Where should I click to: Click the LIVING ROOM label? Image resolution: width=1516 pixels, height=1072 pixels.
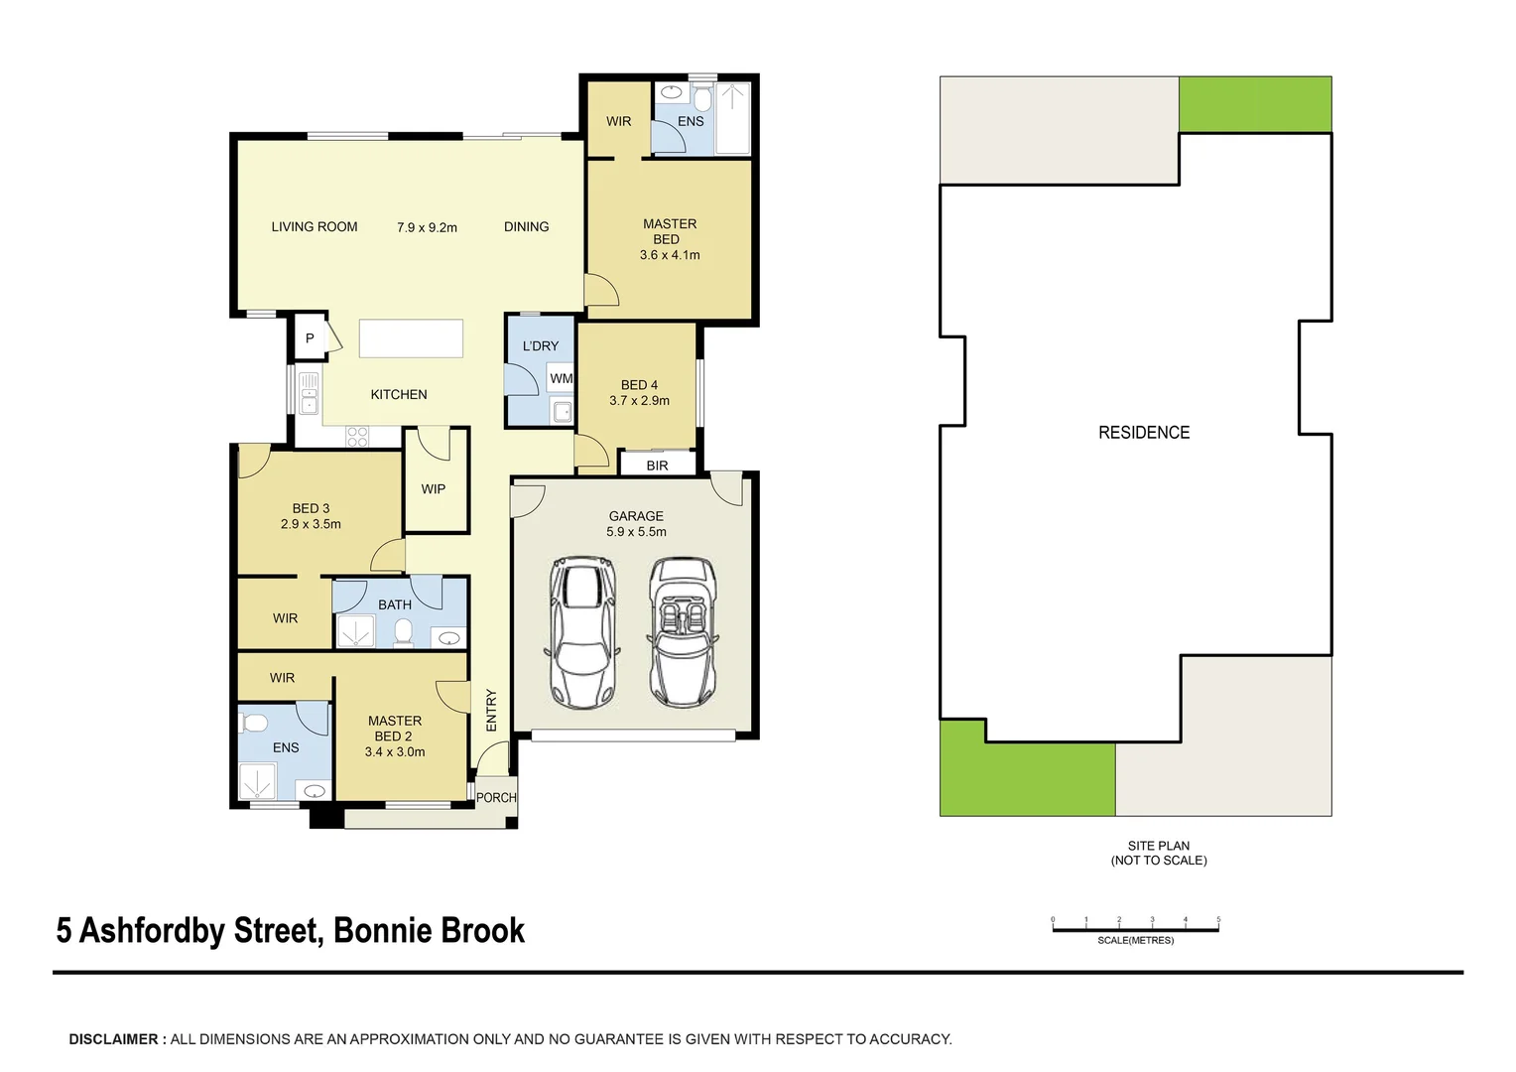pyautogui.click(x=315, y=226)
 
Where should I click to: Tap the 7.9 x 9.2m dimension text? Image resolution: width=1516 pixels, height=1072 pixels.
pyautogui.click(x=427, y=227)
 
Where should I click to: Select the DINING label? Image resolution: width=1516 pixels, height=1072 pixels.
pyautogui.click(x=526, y=226)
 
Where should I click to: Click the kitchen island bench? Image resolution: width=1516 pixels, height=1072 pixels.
pyautogui.click(x=411, y=337)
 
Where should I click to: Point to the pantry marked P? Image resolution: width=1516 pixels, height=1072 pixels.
pyautogui.click(x=310, y=338)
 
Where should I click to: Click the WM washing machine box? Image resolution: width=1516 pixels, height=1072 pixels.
pyautogui.click(x=562, y=378)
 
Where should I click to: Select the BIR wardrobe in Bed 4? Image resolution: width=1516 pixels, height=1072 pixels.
pyautogui.click(x=657, y=465)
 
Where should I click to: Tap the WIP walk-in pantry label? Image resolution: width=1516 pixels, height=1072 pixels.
pyautogui.click(x=434, y=488)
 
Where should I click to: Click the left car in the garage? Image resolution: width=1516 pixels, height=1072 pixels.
pyautogui.click(x=582, y=632)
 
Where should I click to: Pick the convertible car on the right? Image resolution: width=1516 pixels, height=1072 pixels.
pyautogui.click(x=684, y=632)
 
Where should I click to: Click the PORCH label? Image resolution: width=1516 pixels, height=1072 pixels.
pyautogui.click(x=496, y=797)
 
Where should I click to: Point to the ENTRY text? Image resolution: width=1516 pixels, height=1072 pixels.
pyautogui.click(x=491, y=711)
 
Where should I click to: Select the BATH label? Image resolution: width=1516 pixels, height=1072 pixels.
pyautogui.click(x=395, y=604)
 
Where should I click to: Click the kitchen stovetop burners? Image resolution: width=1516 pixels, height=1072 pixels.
pyautogui.click(x=357, y=436)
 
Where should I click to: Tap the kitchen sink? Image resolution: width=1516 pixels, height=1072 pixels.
pyautogui.click(x=310, y=393)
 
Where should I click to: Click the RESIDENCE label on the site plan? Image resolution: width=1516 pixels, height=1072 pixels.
pyautogui.click(x=1143, y=433)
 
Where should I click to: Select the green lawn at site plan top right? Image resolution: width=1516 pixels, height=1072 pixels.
pyautogui.click(x=1255, y=104)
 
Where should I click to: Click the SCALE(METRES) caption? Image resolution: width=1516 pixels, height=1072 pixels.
pyautogui.click(x=1135, y=940)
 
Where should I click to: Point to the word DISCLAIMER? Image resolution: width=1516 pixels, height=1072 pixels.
pyautogui.click(x=113, y=1039)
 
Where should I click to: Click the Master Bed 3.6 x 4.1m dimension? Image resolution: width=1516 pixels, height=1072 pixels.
pyautogui.click(x=670, y=255)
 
